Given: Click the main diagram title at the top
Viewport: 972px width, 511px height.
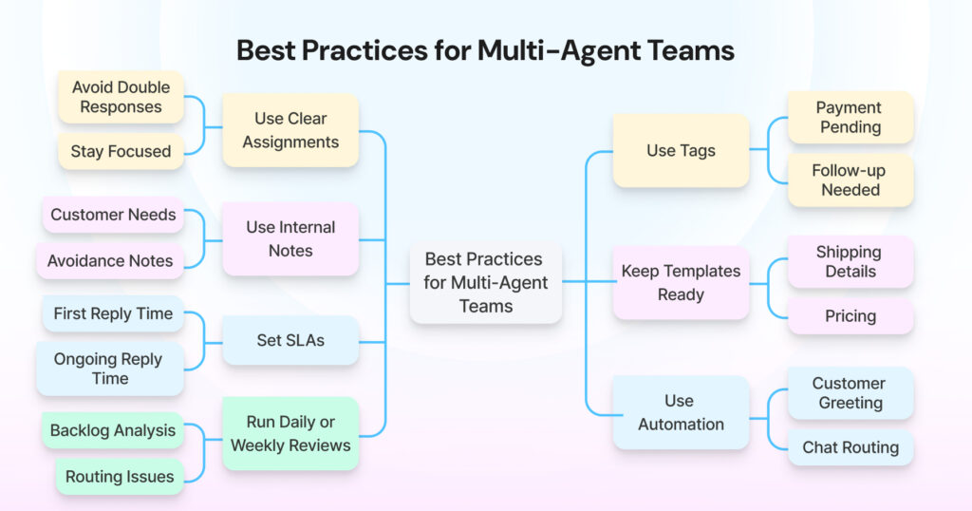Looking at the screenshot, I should click(485, 49).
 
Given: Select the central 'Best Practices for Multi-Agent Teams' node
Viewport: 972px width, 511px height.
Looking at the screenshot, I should click(485, 282).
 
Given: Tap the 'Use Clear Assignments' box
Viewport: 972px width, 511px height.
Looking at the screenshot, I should click(290, 130).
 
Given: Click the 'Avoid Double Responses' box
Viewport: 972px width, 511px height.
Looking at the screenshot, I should click(121, 97).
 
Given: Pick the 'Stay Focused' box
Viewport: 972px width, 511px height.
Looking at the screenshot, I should click(121, 151).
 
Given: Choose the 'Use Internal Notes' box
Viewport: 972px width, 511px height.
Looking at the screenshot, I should click(290, 238).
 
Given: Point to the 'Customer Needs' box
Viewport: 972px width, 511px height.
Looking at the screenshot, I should click(113, 215).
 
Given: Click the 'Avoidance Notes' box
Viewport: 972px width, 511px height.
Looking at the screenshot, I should click(110, 260).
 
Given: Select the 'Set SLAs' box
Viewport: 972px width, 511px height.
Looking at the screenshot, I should click(290, 340).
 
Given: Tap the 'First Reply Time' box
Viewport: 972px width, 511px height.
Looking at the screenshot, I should click(113, 313).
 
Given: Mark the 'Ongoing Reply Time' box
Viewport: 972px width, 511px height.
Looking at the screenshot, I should click(110, 369).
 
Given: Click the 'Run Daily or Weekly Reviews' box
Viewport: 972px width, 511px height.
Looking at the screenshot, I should click(290, 433).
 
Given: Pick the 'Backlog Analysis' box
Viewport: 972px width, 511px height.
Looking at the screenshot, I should click(113, 430).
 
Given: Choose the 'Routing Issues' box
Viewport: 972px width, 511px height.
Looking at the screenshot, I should click(120, 477).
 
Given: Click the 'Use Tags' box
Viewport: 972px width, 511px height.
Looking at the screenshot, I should click(681, 150).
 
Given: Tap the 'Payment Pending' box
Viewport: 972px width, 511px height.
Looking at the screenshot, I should click(850, 117).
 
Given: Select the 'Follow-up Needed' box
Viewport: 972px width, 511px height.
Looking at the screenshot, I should click(850, 180).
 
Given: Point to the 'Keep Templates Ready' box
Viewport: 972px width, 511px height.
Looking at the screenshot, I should click(681, 282).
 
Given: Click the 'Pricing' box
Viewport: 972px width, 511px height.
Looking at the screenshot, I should click(850, 315).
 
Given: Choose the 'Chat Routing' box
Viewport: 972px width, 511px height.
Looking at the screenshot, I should click(850, 447).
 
